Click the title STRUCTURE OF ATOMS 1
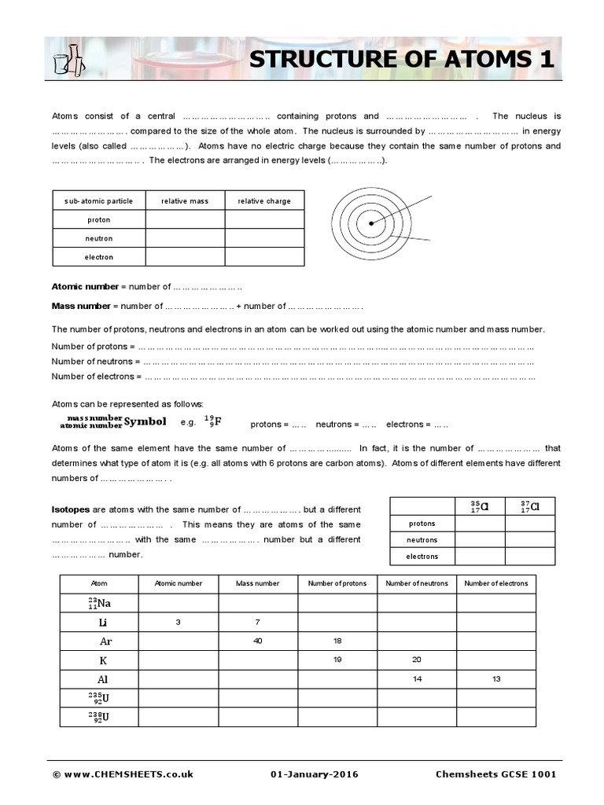[401, 60]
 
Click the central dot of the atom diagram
[371, 224]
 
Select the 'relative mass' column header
[185, 201]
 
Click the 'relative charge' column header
[264, 201]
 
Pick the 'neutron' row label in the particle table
[99, 238]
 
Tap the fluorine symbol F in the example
[218, 421]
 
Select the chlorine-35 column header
[479, 506]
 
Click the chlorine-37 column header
[530, 506]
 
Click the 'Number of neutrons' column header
[416, 583]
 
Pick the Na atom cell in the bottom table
[99, 603]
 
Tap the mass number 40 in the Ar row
[257, 641]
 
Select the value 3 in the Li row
[178, 622]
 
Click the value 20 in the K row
[416, 660]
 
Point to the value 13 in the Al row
[495, 678]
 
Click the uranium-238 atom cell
[99, 716]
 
